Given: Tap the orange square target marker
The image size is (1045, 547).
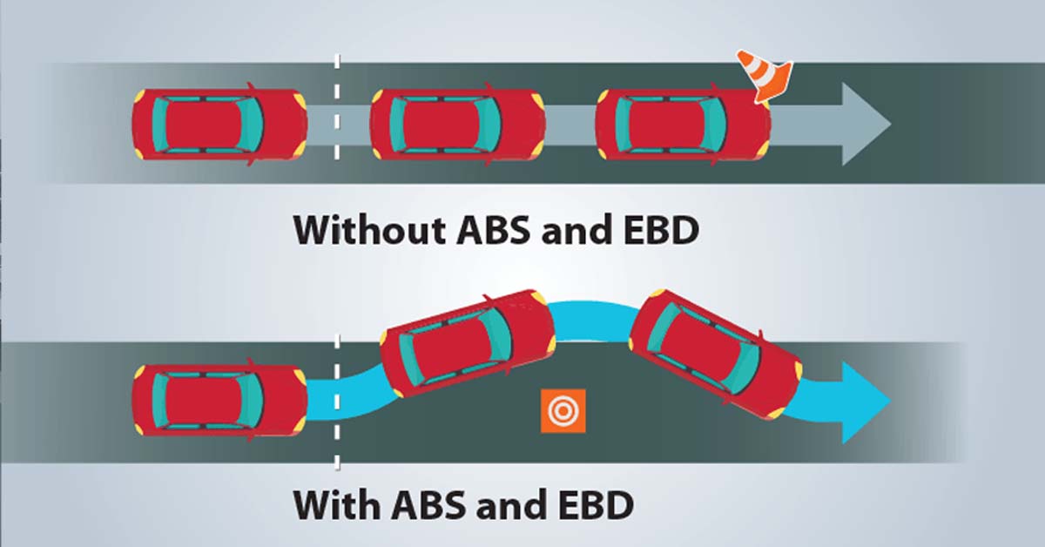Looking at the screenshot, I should pyautogui.click(x=563, y=409).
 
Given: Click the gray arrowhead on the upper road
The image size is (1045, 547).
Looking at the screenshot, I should pyautogui.click(x=863, y=125).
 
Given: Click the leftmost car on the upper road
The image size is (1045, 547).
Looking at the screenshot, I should pyautogui.click(x=219, y=125).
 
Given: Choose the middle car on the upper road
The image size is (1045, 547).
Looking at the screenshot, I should pyautogui.click(x=457, y=125).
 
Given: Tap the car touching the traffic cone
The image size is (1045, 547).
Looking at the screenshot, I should pyautogui.click(x=683, y=125).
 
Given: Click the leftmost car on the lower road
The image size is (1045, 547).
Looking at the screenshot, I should pyautogui.click(x=219, y=401).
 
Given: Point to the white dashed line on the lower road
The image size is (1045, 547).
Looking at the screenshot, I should pyautogui.click(x=337, y=418).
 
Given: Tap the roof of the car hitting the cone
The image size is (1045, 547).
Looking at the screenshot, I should pyautogui.click(x=671, y=125).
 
